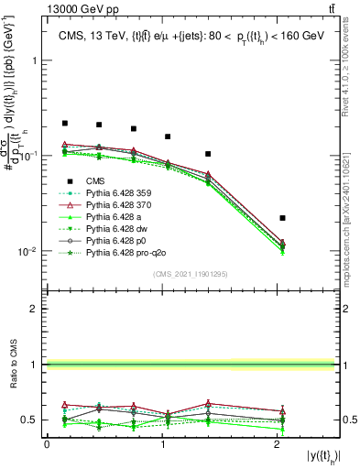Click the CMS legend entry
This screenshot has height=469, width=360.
pyautogui.click(x=94, y=180)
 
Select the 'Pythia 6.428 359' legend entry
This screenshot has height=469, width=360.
pyautogui.click(x=122, y=192)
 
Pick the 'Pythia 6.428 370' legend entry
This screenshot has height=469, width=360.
pyautogui.click(x=122, y=204)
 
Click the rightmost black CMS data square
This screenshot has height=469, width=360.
pyautogui.click(x=282, y=218)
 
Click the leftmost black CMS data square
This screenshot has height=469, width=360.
pyautogui.click(x=65, y=123)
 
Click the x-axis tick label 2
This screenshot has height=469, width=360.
pyautogui.click(x=278, y=443)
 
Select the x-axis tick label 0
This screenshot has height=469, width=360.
pyautogui.click(x=47, y=443)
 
